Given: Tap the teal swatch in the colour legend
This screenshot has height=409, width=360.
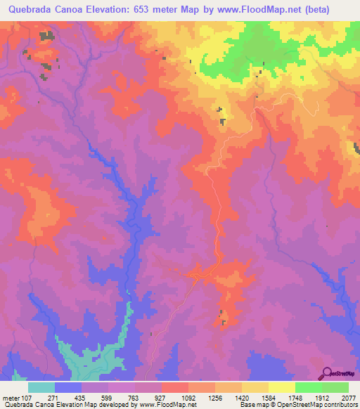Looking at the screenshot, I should [x=41, y=387].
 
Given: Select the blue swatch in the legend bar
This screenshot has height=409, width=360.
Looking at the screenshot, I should [x=67, y=387].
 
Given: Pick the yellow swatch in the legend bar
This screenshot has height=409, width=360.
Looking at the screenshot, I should [x=281, y=387].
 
